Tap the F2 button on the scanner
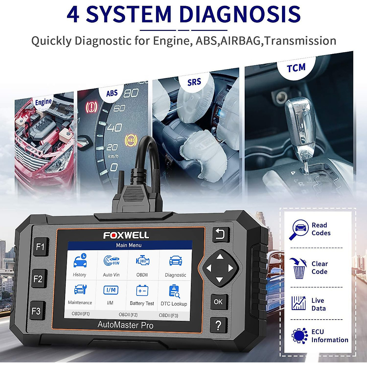pos(39,279)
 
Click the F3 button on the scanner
pos(37,311)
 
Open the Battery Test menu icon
pos(142,291)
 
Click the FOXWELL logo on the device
pos(126,235)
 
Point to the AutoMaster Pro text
pos(125,325)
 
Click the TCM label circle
pos(296,68)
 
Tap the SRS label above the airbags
pos(194,82)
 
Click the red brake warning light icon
pos(91,107)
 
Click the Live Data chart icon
pos(298,303)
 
